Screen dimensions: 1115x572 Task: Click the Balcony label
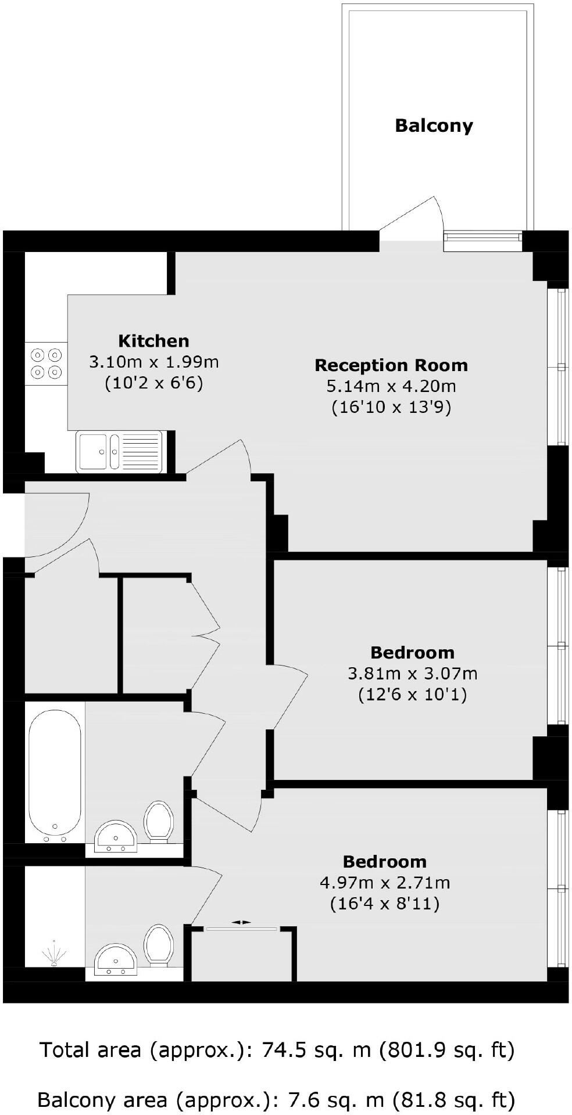(x=434, y=125)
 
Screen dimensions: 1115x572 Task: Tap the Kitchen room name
(x=153, y=341)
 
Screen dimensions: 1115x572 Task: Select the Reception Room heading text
(x=391, y=365)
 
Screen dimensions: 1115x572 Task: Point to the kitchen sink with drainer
(x=119, y=451)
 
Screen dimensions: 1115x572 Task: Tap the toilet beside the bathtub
(x=159, y=821)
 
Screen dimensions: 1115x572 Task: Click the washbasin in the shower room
(x=115, y=959)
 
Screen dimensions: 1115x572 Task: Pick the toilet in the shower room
(x=159, y=945)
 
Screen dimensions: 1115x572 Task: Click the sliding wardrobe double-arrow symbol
(x=241, y=922)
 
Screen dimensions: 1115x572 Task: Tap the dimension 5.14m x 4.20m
(x=391, y=386)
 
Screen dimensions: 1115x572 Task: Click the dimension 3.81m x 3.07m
(x=412, y=674)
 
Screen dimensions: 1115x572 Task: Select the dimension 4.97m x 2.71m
(x=385, y=883)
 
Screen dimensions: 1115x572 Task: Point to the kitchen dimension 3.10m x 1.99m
(x=153, y=362)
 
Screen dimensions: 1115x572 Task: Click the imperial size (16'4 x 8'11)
(x=385, y=904)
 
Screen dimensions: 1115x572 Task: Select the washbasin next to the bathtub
(x=115, y=836)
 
